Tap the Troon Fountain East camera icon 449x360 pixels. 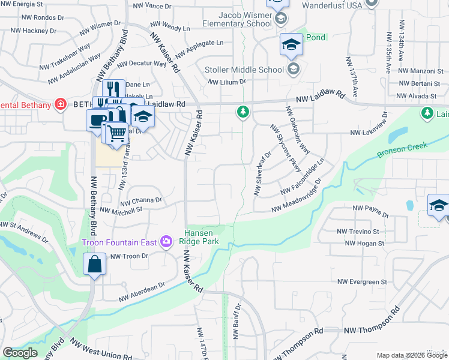point(166,242)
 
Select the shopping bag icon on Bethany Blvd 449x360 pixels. point(95,263)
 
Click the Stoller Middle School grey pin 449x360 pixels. point(293,70)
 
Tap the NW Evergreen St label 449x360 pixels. point(362,281)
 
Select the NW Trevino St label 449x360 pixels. point(359,231)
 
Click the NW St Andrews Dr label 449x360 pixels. point(24,232)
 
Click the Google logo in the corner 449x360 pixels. point(20,353)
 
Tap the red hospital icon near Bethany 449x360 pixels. point(60,104)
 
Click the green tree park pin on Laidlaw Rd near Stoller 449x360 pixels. point(243,112)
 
